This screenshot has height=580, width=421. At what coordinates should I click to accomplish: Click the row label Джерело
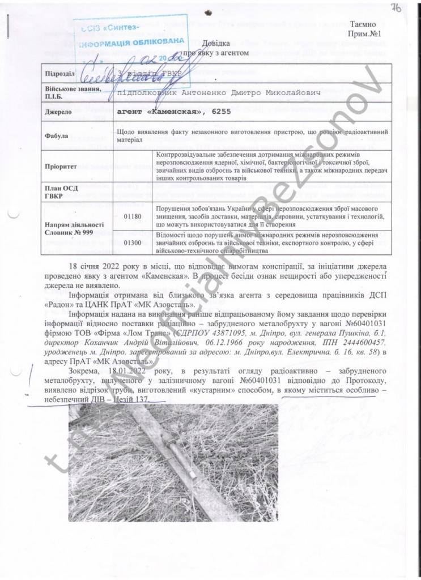(x=57, y=112)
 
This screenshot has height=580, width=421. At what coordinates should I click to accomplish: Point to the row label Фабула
(x=56, y=136)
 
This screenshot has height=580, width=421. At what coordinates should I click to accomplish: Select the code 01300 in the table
(x=132, y=242)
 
